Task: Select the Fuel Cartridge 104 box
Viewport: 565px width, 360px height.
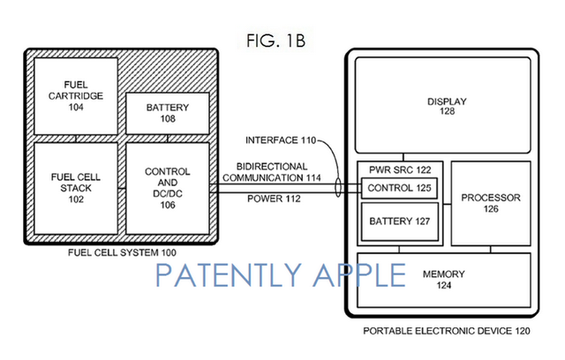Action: [75, 94]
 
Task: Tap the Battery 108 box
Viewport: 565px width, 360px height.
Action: [167, 112]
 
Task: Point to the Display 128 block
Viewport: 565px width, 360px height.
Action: [441, 106]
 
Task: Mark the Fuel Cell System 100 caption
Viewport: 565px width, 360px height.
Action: [122, 253]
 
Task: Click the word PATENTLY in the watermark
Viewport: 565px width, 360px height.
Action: [234, 275]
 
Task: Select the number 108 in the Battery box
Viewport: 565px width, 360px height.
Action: [167, 118]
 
